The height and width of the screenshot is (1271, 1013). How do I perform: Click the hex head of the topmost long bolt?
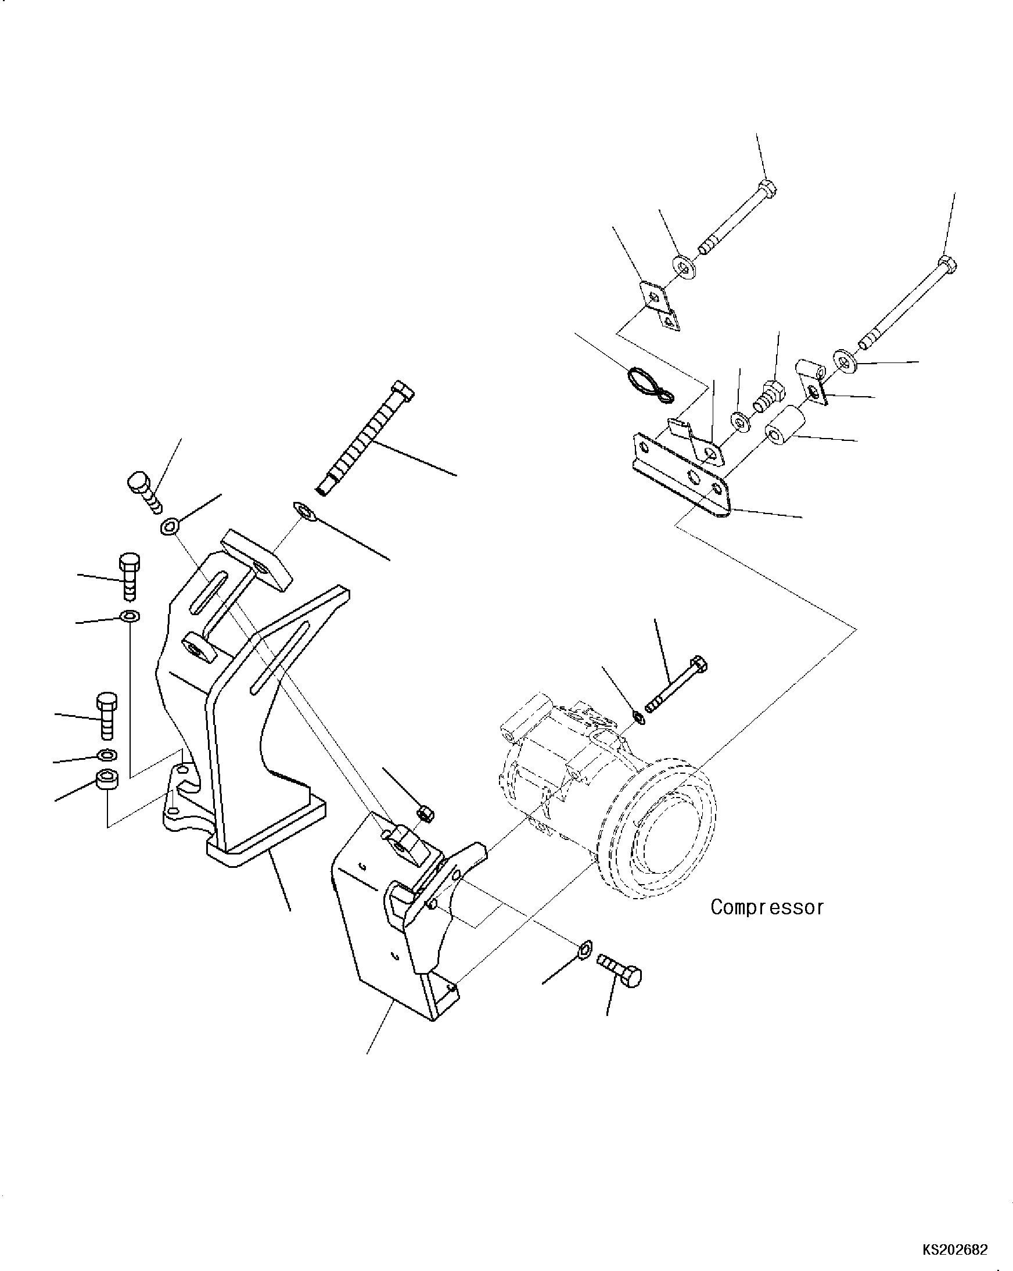click(x=767, y=189)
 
